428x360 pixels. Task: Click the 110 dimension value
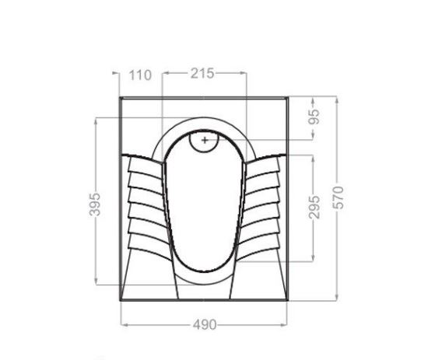click(140, 75)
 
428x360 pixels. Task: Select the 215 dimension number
click(202, 73)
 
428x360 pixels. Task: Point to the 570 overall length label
click(338, 197)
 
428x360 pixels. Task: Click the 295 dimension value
click(314, 207)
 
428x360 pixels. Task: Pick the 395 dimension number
click(95, 204)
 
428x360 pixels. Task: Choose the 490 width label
click(205, 325)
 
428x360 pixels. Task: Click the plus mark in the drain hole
click(205, 140)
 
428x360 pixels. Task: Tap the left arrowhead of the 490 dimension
click(124, 325)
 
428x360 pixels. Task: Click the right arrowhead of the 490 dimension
click(283, 325)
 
